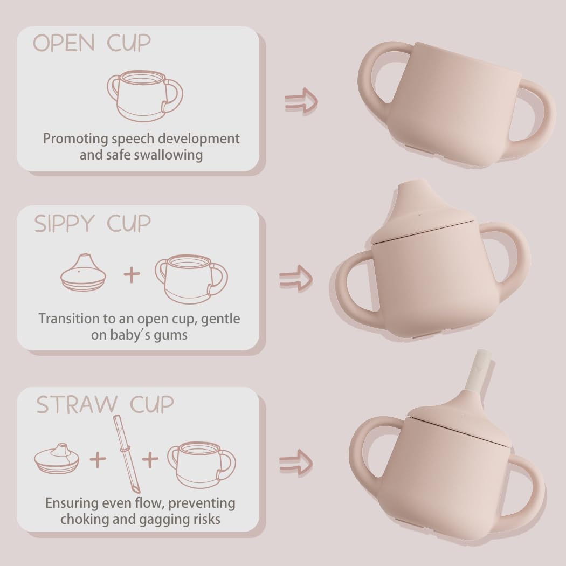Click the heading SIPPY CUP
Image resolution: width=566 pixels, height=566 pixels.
pos(93,223)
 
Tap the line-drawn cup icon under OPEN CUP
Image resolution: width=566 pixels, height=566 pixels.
pos(144,96)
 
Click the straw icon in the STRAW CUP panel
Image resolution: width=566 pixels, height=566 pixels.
pos(127,453)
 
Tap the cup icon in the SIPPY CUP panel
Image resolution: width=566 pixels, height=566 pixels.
pos(191,278)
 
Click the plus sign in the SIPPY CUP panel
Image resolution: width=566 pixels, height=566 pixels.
pos(132,275)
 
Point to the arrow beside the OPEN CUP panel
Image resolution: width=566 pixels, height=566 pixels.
pos(301,100)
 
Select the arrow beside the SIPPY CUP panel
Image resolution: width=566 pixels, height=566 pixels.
pos(296,279)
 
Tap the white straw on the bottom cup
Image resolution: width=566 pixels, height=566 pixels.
pos(478,372)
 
